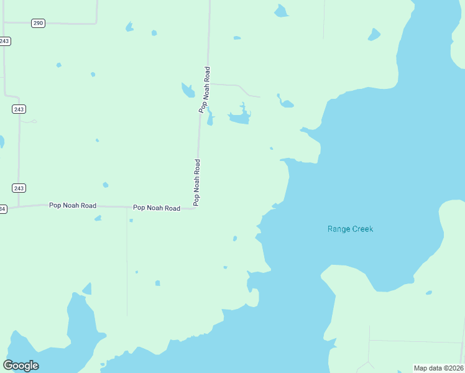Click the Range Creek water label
[x=350, y=229]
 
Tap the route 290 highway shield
[x=38, y=23]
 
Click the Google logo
[x=21, y=366]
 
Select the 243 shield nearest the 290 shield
[x=5, y=41]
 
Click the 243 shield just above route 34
[x=19, y=188]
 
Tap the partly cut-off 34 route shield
[x=2, y=209]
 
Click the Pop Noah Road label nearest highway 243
[x=73, y=205]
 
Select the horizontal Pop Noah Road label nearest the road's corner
[x=156, y=208]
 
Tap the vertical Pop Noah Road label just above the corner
[x=197, y=182]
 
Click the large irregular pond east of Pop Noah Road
[x=240, y=117]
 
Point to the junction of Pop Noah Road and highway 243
[x=19, y=206]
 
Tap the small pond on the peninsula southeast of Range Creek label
[x=429, y=292]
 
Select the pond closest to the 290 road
[x=129, y=27]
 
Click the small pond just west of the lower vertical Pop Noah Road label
[x=106, y=185]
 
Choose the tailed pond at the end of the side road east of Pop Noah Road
[x=285, y=102]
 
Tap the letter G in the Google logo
[x=9, y=366]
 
